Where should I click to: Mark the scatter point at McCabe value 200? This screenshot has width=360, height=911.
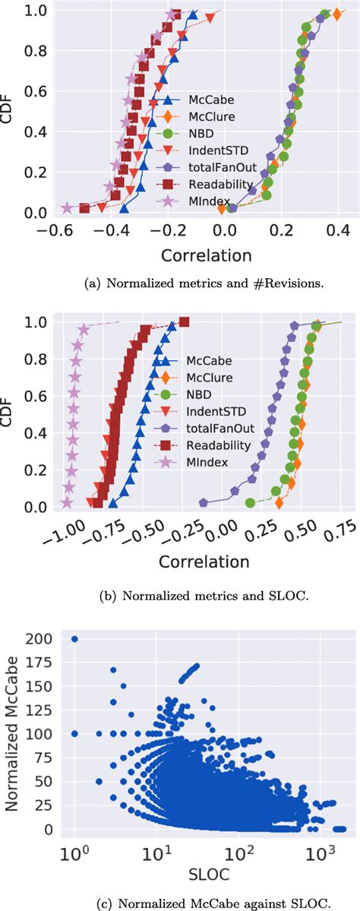(x=74, y=639)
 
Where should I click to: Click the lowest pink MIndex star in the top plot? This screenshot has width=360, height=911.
(x=67, y=208)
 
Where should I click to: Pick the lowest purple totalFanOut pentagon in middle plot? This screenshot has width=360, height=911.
(x=204, y=502)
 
